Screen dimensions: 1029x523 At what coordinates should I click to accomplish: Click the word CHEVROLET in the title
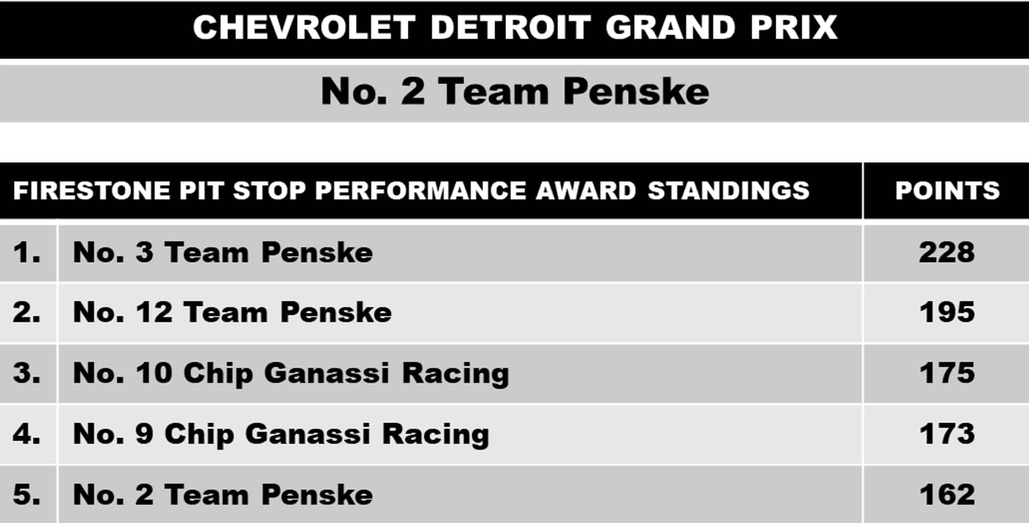click(304, 28)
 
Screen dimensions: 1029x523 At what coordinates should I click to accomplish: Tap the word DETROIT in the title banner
click(510, 28)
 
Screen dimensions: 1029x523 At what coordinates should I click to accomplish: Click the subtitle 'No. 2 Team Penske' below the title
click(514, 91)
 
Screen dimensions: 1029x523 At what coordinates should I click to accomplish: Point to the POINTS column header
click(947, 191)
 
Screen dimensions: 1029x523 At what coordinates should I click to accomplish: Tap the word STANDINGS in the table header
click(729, 191)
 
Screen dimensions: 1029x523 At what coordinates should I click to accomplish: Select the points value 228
click(947, 253)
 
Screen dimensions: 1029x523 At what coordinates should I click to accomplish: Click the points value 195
click(947, 313)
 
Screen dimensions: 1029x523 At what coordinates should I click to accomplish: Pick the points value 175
click(947, 373)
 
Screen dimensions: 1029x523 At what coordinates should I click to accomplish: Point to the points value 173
click(947, 434)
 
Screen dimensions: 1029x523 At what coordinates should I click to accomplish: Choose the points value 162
click(947, 495)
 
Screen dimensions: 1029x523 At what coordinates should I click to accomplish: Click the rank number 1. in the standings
click(27, 253)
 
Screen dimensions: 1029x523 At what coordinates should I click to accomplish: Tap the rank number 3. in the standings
click(27, 373)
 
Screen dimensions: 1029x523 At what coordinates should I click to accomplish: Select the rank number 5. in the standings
click(27, 495)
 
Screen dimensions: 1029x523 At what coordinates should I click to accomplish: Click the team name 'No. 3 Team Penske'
click(223, 253)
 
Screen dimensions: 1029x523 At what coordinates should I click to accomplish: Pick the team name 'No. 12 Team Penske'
click(232, 313)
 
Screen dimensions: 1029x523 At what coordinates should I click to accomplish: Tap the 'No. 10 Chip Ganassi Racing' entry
click(291, 374)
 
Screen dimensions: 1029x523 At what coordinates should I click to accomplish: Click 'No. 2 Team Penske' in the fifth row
click(223, 495)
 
